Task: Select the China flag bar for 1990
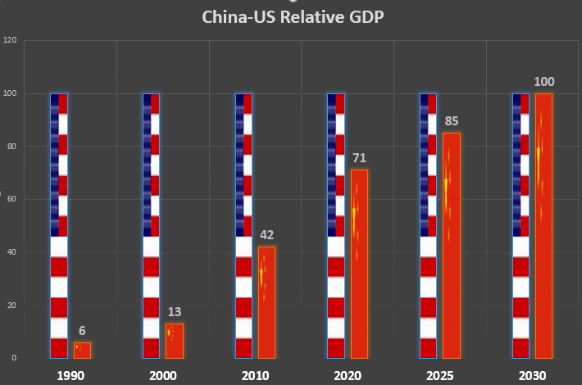pyautogui.click(x=82, y=350)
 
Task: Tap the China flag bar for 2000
pyautogui.click(x=175, y=341)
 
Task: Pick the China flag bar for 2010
pyautogui.click(x=266, y=302)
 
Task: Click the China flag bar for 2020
pyautogui.click(x=359, y=264)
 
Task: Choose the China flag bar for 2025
pyautogui.click(x=452, y=246)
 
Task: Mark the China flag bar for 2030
pyautogui.click(x=543, y=225)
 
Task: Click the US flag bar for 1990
pyautogui.click(x=59, y=225)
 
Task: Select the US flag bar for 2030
pyautogui.click(x=521, y=225)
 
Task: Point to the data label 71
pyautogui.click(x=359, y=158)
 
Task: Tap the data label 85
pyautogui.click(x=452, y=121)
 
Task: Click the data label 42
pyautogui.click(x=266, y=235)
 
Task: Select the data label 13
pyautogui.click(x=175, y=312)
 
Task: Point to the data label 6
pyautogui.click(x=82, y=331)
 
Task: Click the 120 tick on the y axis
pyautogui.click(x=10, y=40)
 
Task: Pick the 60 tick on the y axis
pyautogui.click(x=11, y=199)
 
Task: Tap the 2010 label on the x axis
pyautogui.click(x=255, y=376)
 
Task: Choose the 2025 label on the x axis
pyautogui.click(x=440, y=376)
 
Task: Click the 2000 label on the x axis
pyautogui.click(x=162, y=376)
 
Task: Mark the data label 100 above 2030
pyautogui.click(x=543, y=82)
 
